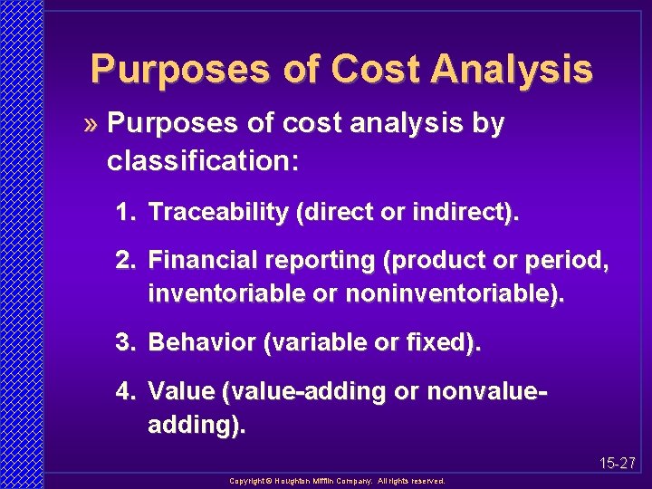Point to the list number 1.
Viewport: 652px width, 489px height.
coord(125,213)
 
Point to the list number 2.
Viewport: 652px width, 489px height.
coord(125,262)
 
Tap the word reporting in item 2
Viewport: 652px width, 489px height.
coord(321,262)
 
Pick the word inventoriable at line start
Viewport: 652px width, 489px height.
coord(222,294)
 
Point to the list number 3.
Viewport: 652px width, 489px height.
coord(125,343)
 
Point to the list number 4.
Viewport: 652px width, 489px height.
coord(125,392)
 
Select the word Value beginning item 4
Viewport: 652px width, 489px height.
coord(180,392)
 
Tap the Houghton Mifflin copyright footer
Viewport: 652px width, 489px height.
coord(337,482)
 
